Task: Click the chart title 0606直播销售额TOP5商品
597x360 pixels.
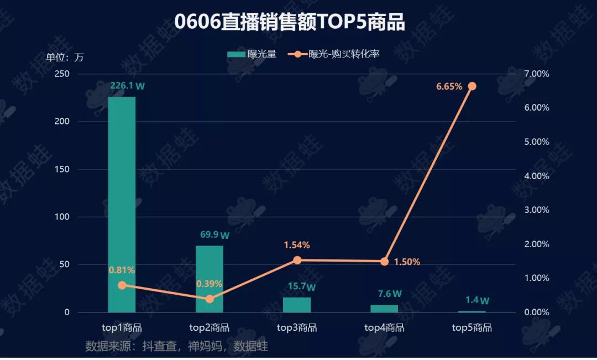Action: (x=289, y=22)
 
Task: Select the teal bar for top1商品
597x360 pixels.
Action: (x=122, y=205)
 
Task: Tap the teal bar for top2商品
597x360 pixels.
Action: (x=210, y=279)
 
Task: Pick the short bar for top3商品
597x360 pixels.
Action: (x=297, y=305)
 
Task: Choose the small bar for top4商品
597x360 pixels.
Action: (x=384, y=309)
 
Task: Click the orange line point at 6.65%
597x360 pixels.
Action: (x=472, y=86)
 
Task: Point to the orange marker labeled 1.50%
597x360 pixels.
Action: (x=385, y=262)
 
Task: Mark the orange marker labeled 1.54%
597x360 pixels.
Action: (x=297, y=260)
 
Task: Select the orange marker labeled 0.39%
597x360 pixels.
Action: (x=210, y=299)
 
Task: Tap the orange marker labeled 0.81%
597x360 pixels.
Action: (x=122, y=285)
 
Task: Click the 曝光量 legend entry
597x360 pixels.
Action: (x=252, y=54)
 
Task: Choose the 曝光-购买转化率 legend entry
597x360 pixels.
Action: (x=333, y=54)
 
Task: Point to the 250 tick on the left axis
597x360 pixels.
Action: (x=62, y=74)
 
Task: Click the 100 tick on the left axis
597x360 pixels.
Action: (x=62, y=217)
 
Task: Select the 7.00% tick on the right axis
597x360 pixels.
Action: (x=536, y=74)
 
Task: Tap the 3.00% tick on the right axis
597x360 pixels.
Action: (x=536, y=210)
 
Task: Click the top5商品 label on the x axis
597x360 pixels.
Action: (x=472, y=327)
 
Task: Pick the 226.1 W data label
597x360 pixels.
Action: (x=128, y=86)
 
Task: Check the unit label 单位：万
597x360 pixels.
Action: (x=64, y=58)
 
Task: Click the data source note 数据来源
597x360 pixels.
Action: (x=177, y=346)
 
